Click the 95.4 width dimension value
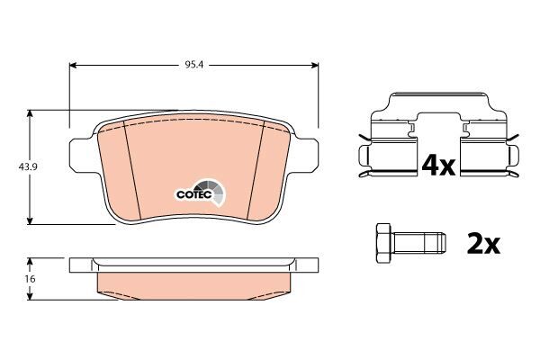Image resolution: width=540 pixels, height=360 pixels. (194, 65)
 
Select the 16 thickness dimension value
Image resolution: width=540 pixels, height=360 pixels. (31, 279)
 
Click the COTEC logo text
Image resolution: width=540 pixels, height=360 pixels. (193, 194)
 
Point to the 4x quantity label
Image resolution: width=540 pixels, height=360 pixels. (438, 166)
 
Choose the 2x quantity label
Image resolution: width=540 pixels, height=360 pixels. (483, 244)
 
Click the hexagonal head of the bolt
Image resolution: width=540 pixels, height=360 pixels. (383, 244)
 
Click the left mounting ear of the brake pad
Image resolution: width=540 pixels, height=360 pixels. (82, 155)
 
